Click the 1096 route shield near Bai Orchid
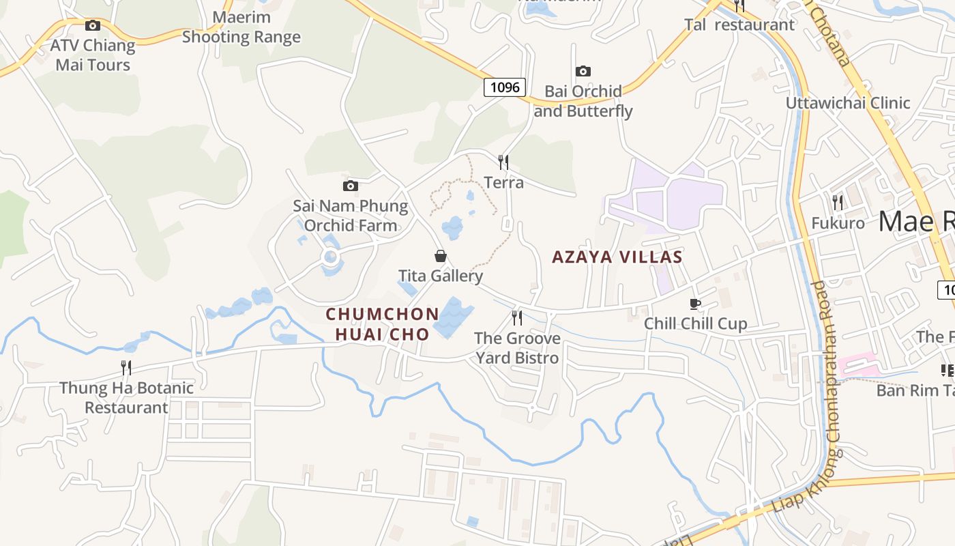[505, 87]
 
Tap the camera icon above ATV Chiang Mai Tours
[93, 26]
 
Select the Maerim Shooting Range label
[241, 27]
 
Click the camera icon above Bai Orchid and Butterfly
[583, 71]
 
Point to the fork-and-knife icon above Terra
[503, 162]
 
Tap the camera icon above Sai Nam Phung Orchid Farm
[350, 186]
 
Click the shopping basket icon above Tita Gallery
[441, 256]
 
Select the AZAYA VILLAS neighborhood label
[617, 257]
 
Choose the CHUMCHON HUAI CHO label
[382, 324]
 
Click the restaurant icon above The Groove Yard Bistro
[517, 317]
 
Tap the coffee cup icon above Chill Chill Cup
[695, 304]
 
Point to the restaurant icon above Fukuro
[837, 202]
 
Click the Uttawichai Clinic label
[847, 103]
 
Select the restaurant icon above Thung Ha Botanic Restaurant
[126, 368]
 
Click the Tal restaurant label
[739, 25]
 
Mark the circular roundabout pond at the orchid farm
[331, 257]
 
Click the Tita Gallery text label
[441, 276]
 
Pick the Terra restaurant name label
[503, 182]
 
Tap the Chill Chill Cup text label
[695, 324]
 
